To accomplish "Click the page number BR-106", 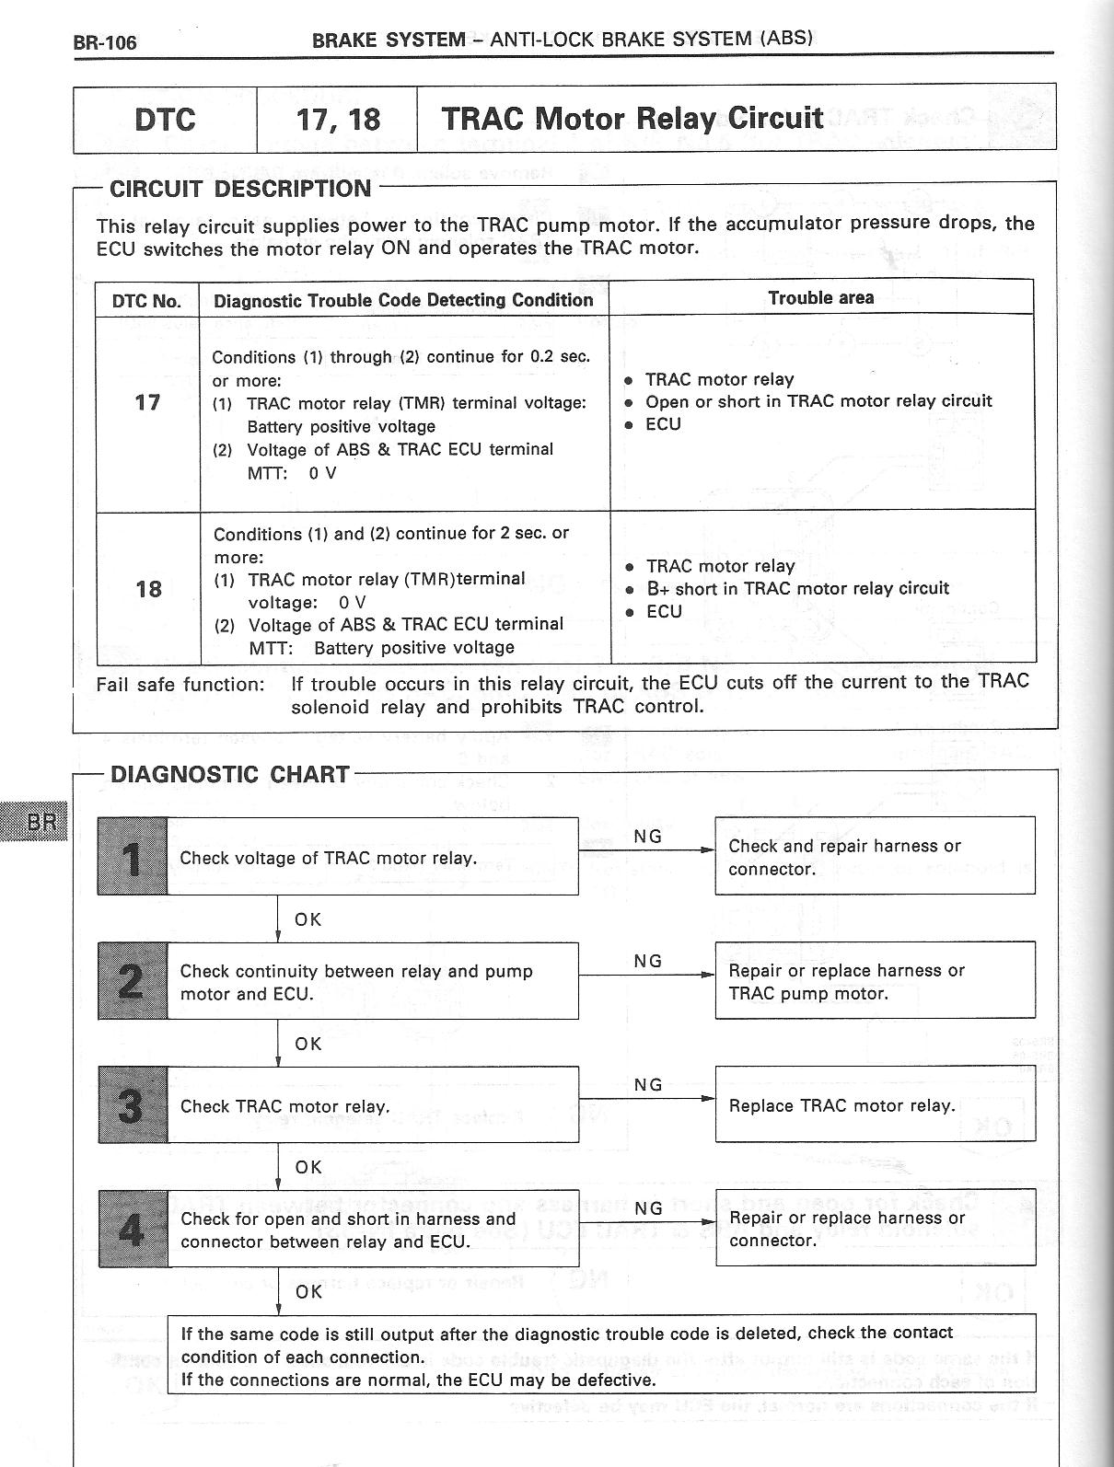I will (105, 42).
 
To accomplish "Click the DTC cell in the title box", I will (165, 120).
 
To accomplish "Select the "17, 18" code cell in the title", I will (338, 120).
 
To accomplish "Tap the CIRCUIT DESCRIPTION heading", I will (240, 189).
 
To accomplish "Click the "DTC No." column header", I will (146, 301).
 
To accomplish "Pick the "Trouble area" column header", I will (820, 297).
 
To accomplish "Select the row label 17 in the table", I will (147, 402).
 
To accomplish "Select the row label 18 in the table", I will (148, 589).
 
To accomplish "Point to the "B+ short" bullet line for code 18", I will (796, 588).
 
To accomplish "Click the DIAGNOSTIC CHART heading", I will (229, 774).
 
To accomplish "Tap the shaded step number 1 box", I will (133, 856).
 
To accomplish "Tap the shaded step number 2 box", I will (133, 980).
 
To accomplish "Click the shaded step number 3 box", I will (133, 1104).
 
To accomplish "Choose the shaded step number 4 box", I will (133, 1228).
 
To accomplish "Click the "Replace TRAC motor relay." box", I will (875, 1105).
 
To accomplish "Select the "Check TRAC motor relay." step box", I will (373, 1105).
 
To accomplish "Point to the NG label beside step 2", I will (648, 961).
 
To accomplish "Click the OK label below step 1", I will (308, 919).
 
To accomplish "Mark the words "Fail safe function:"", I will (180, 685).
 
